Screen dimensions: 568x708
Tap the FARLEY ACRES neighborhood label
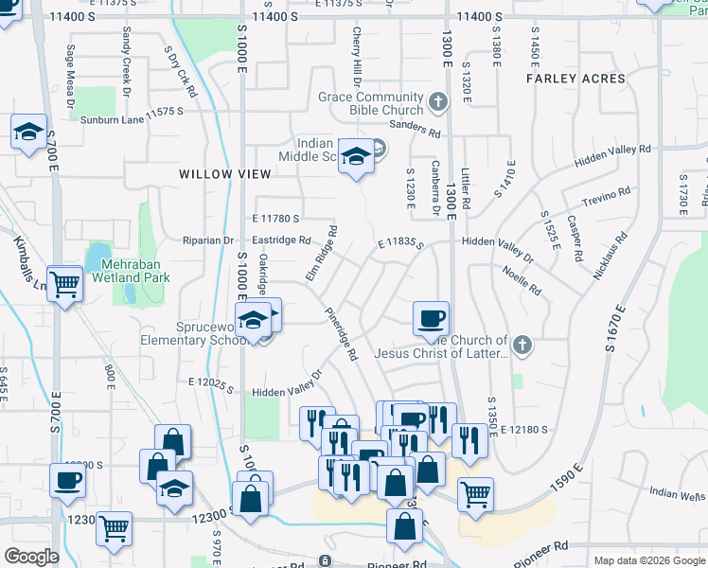[575, 79]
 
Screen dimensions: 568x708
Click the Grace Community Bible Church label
[370, 103]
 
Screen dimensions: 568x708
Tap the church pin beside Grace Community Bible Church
[437, 100]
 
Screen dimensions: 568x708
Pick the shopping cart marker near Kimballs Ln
[63, 283]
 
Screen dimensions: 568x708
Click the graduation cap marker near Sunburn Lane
[28, 133]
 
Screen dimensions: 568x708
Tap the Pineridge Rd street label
[341, 334]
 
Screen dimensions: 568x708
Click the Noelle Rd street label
[522, 279]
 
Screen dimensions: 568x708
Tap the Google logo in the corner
[31, 557]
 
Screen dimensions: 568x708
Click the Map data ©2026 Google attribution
[650, 560]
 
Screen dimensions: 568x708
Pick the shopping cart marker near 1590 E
[474, 494]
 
